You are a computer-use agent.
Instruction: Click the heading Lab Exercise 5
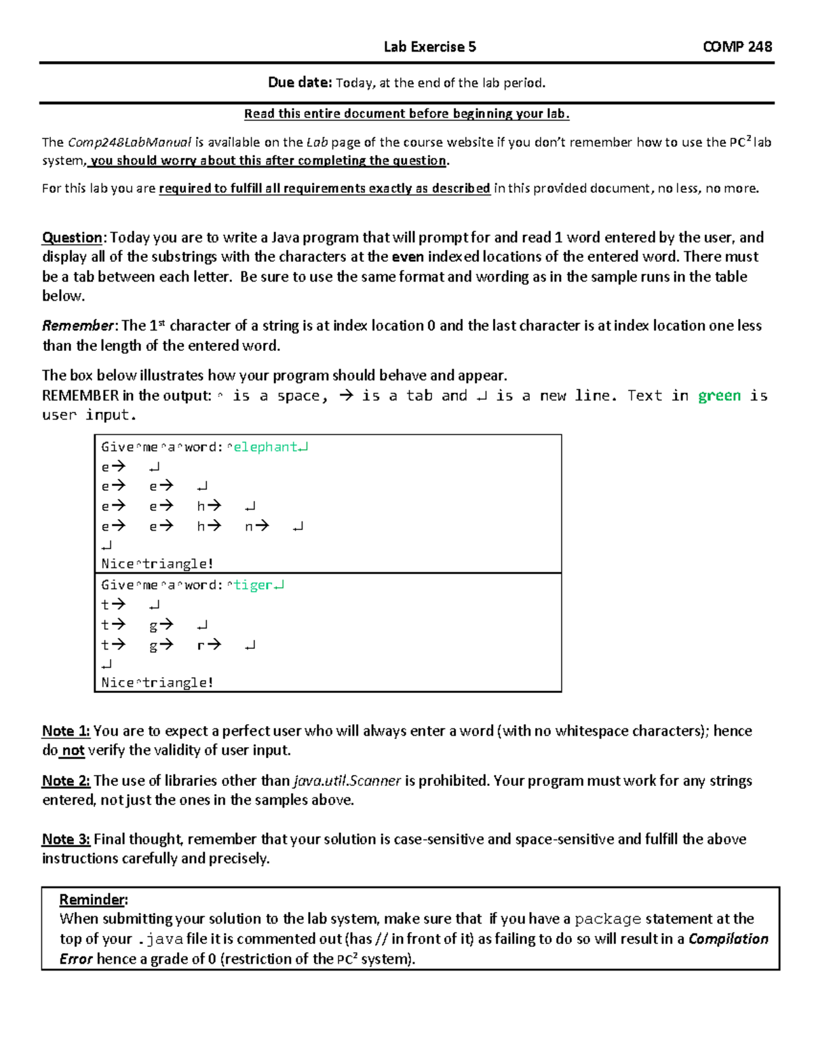[x=429, y=47]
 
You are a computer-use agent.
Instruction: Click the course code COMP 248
[x=737, y=47]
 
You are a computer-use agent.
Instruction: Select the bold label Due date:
[x=299, y=83]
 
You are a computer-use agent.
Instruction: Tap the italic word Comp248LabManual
[x=130, y=143]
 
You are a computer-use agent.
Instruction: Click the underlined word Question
[x=72, y=238]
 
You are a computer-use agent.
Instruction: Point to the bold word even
[x=408, y=257]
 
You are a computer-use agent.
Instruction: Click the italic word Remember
[x=77, y=326]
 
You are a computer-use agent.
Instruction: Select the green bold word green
[x=719, y=396]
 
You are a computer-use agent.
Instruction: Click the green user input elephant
[x=265, y=447]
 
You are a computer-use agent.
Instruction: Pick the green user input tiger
[x=252, y=585]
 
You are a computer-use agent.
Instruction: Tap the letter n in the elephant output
[x=248, y=526]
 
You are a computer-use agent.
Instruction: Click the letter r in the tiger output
[x=201, y=645]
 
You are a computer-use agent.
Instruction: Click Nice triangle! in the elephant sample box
[x=157, y=564]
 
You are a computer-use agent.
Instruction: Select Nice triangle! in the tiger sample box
[x=157, y=683]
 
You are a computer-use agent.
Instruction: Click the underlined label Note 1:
[x=66, y=731]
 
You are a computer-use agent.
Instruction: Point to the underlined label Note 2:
[x=66, y=780]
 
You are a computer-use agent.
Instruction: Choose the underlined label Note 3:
[x=66, y=839]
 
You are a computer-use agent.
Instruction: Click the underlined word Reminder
[x=92, y=900]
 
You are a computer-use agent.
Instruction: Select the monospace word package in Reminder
[x=607, y=919]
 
